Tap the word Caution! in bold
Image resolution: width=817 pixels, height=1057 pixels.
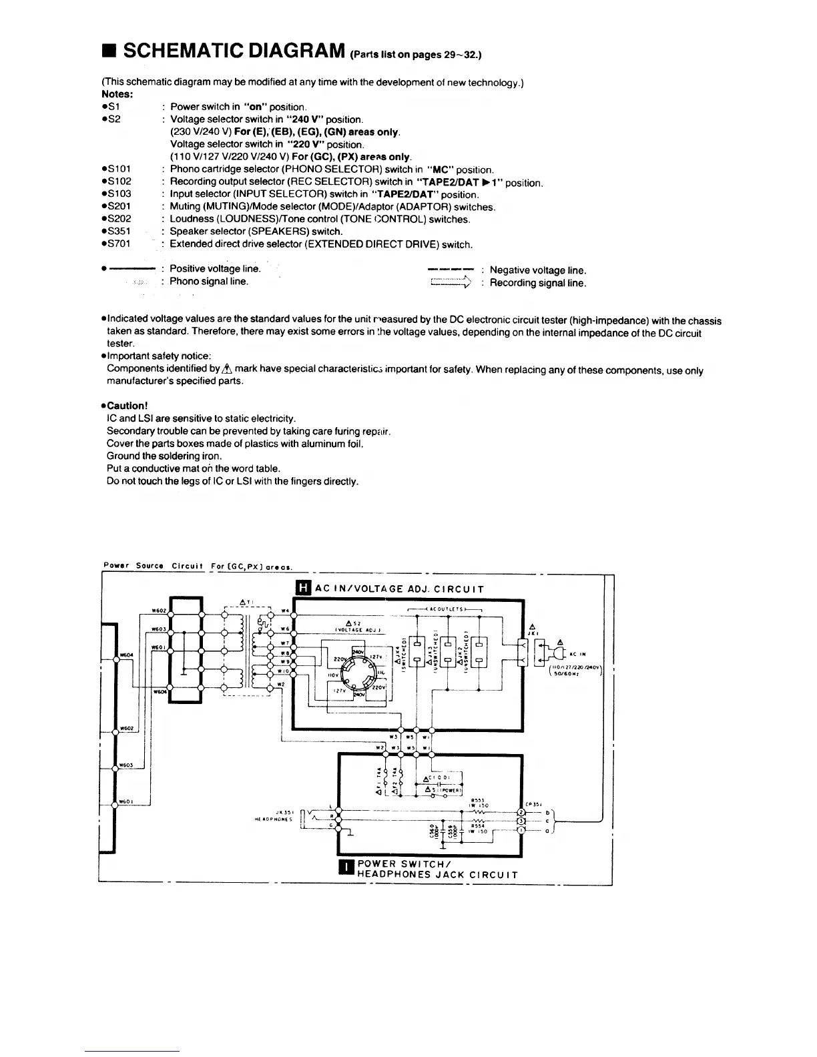click(125, 406)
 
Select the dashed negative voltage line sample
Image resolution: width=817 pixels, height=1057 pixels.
click(450, 270)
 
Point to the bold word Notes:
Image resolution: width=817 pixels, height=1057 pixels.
click(117, 95)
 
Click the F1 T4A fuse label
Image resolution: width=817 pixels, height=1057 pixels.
click(378, 777)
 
